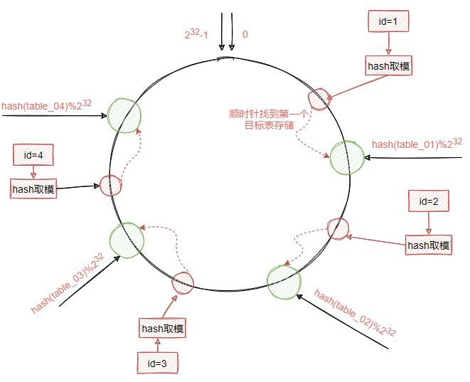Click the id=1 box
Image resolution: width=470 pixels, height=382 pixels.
coord(388,22)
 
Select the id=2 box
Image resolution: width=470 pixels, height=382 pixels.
coord(428,201)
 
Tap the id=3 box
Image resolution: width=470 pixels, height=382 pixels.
coord(157,363)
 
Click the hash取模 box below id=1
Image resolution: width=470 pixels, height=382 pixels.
coord(388,66)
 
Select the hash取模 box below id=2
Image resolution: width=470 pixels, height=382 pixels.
coord(428,245)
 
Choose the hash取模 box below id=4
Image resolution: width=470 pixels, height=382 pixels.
coord(33,189)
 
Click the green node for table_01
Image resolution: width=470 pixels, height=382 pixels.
coord(347,157)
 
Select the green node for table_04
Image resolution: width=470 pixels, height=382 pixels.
coord(124,113)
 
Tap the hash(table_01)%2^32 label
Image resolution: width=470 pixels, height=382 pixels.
coord(417,143)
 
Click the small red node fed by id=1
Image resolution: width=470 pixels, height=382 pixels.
coord(318,100)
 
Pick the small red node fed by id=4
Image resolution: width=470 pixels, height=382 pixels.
coord(110,185)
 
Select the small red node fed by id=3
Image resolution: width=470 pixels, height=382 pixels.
coord(183,282)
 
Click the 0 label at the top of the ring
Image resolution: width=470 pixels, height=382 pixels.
coord(245,33)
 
